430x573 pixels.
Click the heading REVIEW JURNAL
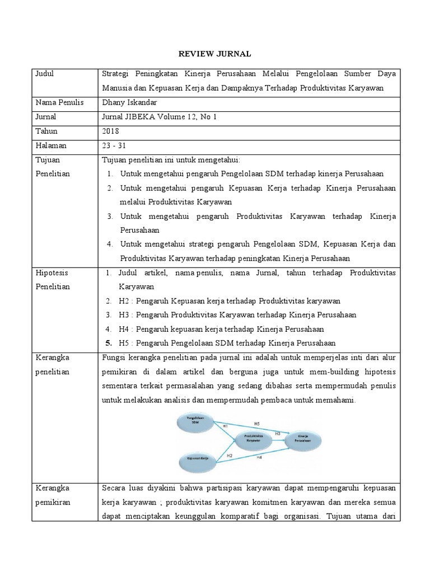pyautogui.click(x=215, y=54)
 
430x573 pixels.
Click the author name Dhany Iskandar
pyautogui.click(x=129, y=102)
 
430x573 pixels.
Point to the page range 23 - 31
pyautogui.click(x=114, y=145)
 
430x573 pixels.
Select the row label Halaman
pyautogui.click(x=50, y=145)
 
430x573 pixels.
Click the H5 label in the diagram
pyautogui.click(x=257, y=422)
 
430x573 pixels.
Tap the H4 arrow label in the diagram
pyautogui.click(x=260, y=457)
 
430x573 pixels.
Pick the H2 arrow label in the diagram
pyautogui.click(x=230, y=455)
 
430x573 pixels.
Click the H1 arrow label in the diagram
pyautogui.click(x=226, y=426)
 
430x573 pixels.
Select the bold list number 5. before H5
pyautogui.click(x=110, y=342)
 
